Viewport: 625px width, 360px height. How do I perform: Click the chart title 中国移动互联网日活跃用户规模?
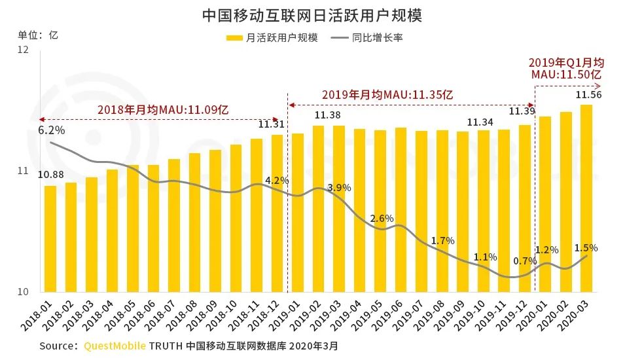pyautogui.click(x=312, y=15)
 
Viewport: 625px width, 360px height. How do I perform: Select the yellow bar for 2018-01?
pyautogui.click(x=50, y=239)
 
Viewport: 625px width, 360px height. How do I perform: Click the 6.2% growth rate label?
pyautogui.click(x=50, y=130)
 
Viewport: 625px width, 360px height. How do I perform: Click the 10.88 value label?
pyautogui.click(x=50, y=175)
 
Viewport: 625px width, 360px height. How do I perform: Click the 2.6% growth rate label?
pyautogui.click(x=382, y=219)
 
